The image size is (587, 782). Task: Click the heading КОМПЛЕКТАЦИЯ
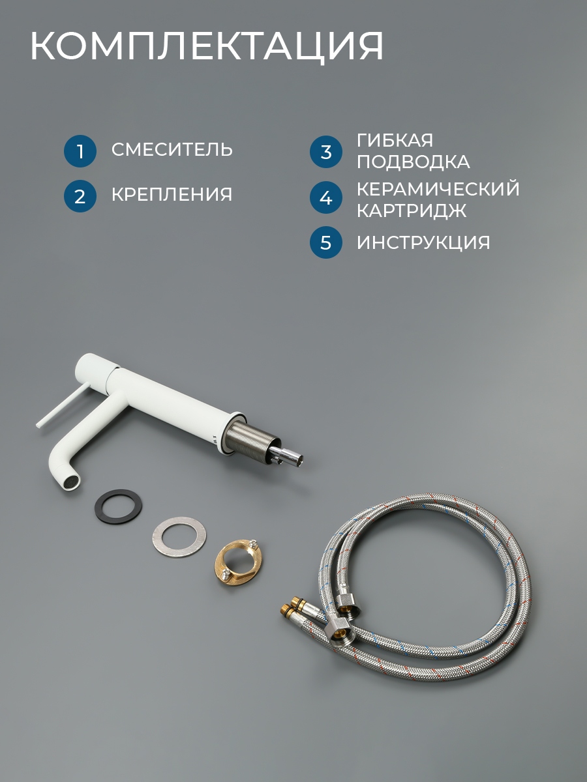tap(207, 46)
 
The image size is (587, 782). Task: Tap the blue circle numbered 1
tap(80, 151)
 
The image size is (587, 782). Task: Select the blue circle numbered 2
tap(80, 196)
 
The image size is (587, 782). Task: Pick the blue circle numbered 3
tap(325, 152)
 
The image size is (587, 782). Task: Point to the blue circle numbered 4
tap(325, 197)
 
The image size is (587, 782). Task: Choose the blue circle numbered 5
tap(325, 242)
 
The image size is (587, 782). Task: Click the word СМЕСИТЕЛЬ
tap(172, 150)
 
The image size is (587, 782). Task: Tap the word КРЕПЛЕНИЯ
tap(172, 194)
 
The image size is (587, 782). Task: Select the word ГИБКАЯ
tap(395, 140)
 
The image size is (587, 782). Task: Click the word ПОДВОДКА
tap(414, 162)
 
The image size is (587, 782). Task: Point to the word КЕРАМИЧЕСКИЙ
tap(438, 188)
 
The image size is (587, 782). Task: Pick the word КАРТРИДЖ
tap(412, 210)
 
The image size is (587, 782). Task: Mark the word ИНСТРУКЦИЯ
tap(423, 242)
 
